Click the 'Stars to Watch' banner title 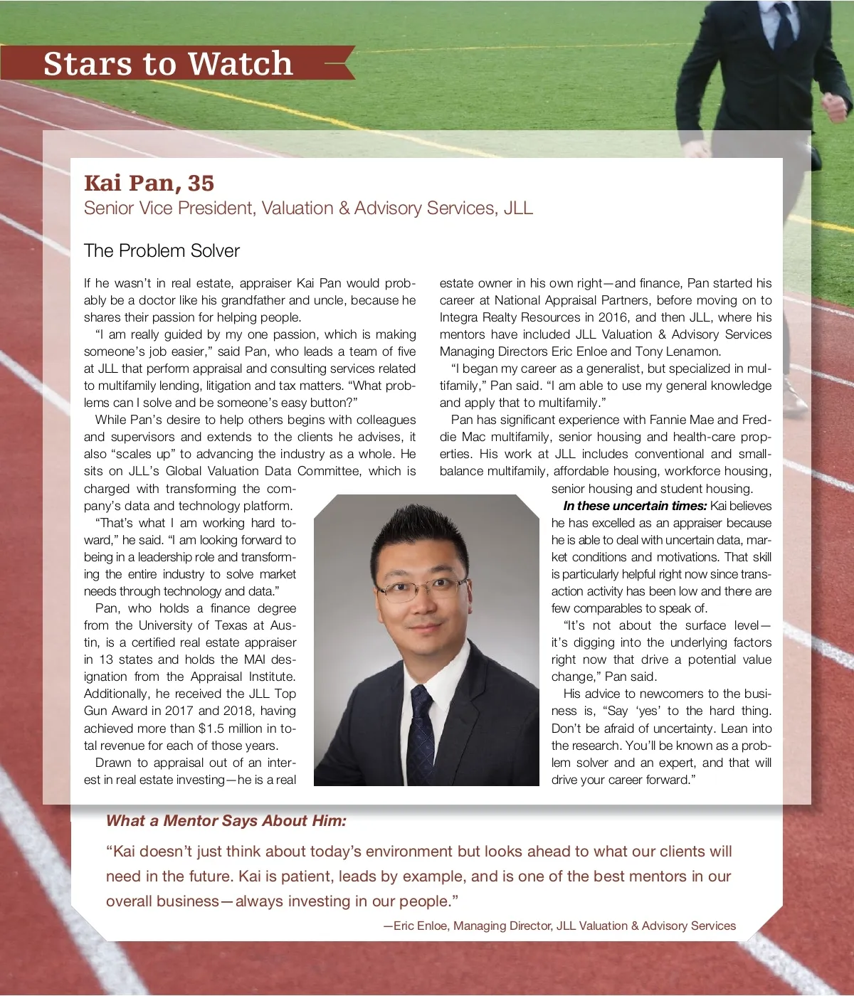pos(168,63)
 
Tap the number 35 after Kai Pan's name pos(201,183)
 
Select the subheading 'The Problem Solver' pos(162,250)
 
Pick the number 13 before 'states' pos(105,659)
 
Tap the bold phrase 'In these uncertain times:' pos(635,506)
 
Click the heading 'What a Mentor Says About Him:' pos(226,821)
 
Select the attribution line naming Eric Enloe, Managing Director pos(559,926)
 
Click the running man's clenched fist pos(835,107)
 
